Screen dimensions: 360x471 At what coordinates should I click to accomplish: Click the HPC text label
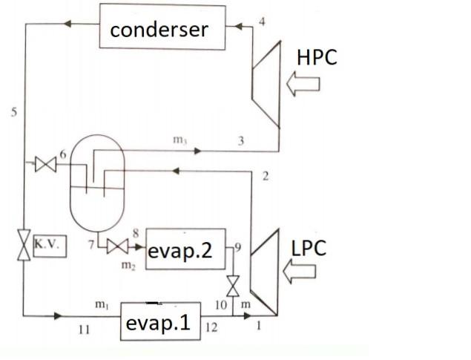tap(317, 56)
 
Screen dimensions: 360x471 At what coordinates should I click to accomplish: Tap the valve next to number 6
tap(45, 165)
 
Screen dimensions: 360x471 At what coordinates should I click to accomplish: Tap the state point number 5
tap(13, 113)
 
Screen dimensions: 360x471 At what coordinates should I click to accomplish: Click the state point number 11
tap(84, 330)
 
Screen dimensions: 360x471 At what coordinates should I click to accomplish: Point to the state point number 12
tap(213, 327)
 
